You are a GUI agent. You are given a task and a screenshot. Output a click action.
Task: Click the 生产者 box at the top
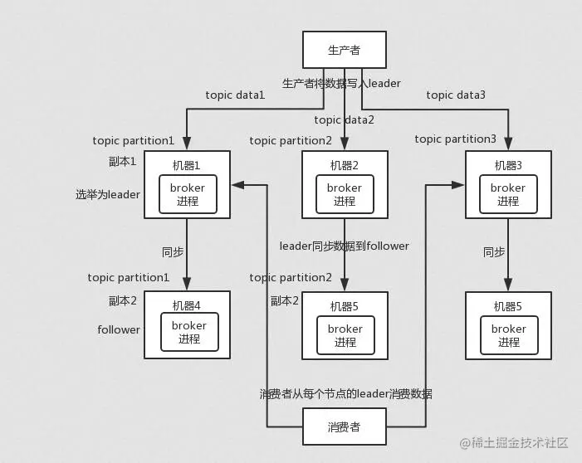tap(344, 51)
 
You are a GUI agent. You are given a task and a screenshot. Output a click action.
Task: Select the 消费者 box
tap(344, 427)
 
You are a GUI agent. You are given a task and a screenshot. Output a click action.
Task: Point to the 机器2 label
tap(344, 164)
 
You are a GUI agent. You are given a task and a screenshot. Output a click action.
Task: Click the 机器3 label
tap(508, 164)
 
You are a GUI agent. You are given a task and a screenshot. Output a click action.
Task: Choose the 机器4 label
tap(187, 305)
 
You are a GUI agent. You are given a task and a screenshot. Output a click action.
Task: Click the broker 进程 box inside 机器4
tap(188, 332)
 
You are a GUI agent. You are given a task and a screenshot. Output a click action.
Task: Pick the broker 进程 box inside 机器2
tap(344, 194)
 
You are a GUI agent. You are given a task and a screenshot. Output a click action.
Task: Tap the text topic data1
tap(235, 95)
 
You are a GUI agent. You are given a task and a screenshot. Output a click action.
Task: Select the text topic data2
tap(344, 119)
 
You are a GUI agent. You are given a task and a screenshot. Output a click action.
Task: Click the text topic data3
tap(456, 95)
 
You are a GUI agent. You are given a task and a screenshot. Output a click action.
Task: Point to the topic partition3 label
tap(456, 139)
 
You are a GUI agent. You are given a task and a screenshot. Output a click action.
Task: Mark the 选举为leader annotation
tap(108, 194)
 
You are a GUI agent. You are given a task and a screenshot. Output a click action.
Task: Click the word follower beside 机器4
tap(119, 329)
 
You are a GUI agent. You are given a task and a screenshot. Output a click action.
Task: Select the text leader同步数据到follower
tap(344, 246)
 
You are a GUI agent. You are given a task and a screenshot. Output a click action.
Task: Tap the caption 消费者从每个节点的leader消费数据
tap(345, 393)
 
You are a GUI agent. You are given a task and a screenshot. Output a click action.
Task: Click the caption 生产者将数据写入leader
tap(341, 83)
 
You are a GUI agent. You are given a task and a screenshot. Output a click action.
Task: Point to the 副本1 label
tap(122, 161)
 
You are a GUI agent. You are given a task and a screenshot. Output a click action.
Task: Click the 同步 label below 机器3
tap(494, 252)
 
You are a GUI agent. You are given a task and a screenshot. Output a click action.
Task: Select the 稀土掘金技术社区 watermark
tap(512, 444)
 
